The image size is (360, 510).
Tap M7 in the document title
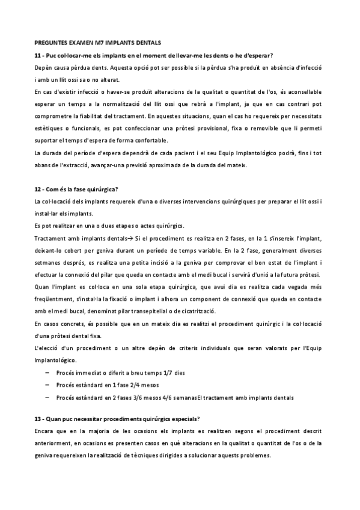tap(98, 43)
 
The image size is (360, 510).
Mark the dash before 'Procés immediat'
tap(47, 373)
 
